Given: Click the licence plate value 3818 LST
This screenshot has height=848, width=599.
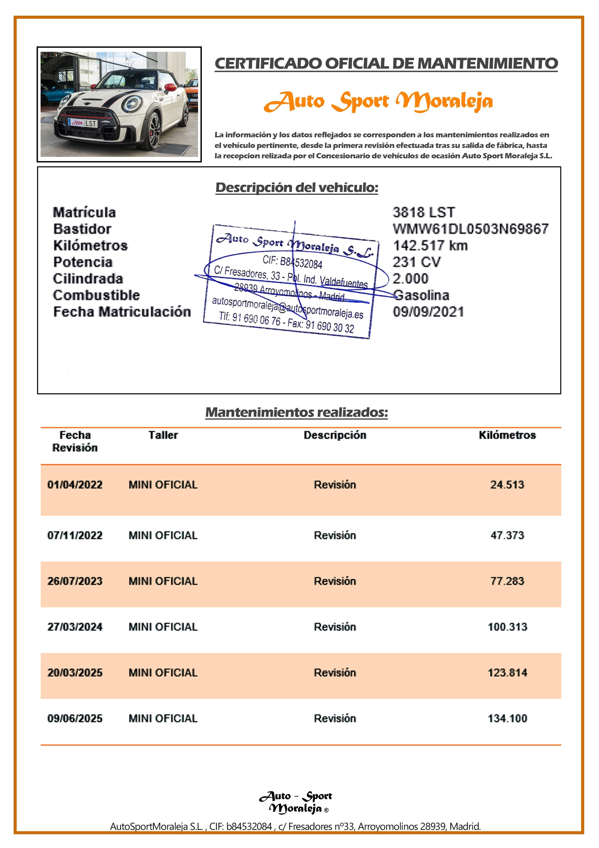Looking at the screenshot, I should pyautogui.click(x=423, y=212).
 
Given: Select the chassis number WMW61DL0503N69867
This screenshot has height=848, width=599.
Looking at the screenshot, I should pyautogui.click(x=470, y=229).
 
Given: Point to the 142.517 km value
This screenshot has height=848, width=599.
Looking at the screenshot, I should pyautogui.click(x=430, y=246).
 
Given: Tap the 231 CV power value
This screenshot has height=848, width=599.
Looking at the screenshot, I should pyautogui.click(x=416, y=262).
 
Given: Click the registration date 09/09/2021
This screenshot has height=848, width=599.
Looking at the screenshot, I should pyautogui.click(x=428, y=312).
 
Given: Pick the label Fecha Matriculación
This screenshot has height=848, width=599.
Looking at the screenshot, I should pyautogui.click(x=122, y=312).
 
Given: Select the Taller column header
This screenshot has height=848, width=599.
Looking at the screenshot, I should pyautogui.click(x=163, y=435).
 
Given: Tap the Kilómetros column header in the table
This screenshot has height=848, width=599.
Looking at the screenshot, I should pyautogui.click(x=507, y=435).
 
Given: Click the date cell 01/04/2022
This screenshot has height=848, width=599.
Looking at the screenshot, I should pyautogui.click(x=75, y=485).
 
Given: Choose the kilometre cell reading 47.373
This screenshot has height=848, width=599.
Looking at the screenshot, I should pyautogui.click(x=507, y=535).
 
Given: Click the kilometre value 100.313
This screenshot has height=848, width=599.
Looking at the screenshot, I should pyautogui.click(x=507, y=627).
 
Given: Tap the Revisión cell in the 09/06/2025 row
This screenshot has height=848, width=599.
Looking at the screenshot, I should pyautogui.click(x=335, y=718).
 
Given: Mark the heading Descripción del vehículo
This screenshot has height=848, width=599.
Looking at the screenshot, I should pyautogui.click(x=297, y=188).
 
